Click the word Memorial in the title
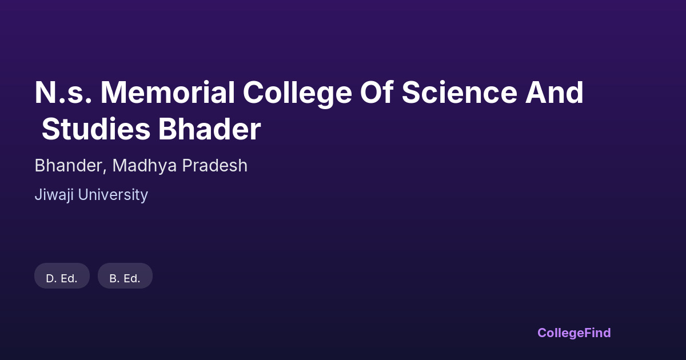(168, 93)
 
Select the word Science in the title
(460, 93)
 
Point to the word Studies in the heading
(96, 129)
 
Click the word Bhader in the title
(209, 129)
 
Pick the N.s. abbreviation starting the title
(63, 93)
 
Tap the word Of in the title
(377, 93)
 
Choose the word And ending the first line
(555, 93)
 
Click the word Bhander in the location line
(68, 166)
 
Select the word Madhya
(145, 166)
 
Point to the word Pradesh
(215, 166)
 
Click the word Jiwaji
(54, 195)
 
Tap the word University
(113, 195)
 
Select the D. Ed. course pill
(62, 275)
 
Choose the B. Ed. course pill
(125, 275)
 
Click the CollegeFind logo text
(574, 333)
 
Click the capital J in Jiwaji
(38, 195)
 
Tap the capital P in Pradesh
(187, 166)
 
